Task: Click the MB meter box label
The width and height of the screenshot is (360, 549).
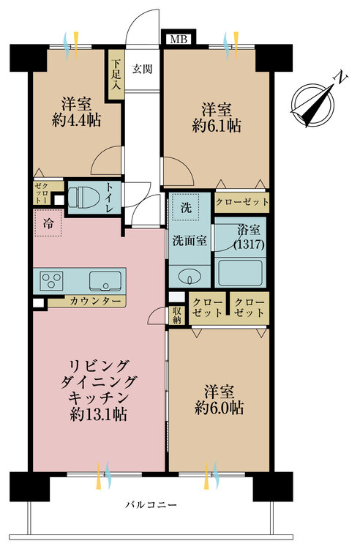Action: pos(176,40)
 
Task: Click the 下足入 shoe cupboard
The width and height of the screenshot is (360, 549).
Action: pos(115,70)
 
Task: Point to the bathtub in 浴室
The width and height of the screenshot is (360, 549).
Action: pos(241,274)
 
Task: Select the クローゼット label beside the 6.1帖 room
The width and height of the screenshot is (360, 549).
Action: pos(242,201)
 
